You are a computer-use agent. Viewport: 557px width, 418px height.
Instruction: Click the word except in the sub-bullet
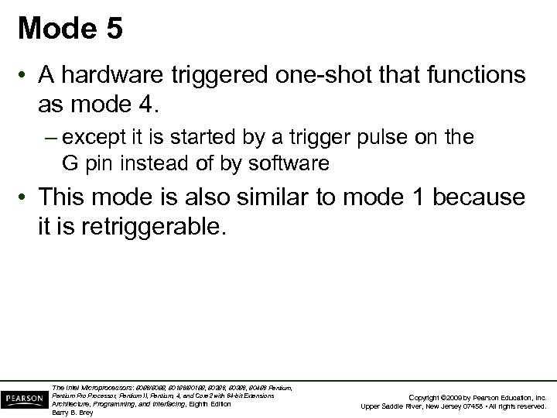click(92, 139)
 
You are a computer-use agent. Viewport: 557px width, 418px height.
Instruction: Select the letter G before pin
click(70, 163)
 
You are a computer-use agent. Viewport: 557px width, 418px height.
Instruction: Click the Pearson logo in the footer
click(23, 396)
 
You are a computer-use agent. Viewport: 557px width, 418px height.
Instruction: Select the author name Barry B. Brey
click(72, 412)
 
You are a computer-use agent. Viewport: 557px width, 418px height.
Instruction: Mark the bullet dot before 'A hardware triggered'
click(26, 77)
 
